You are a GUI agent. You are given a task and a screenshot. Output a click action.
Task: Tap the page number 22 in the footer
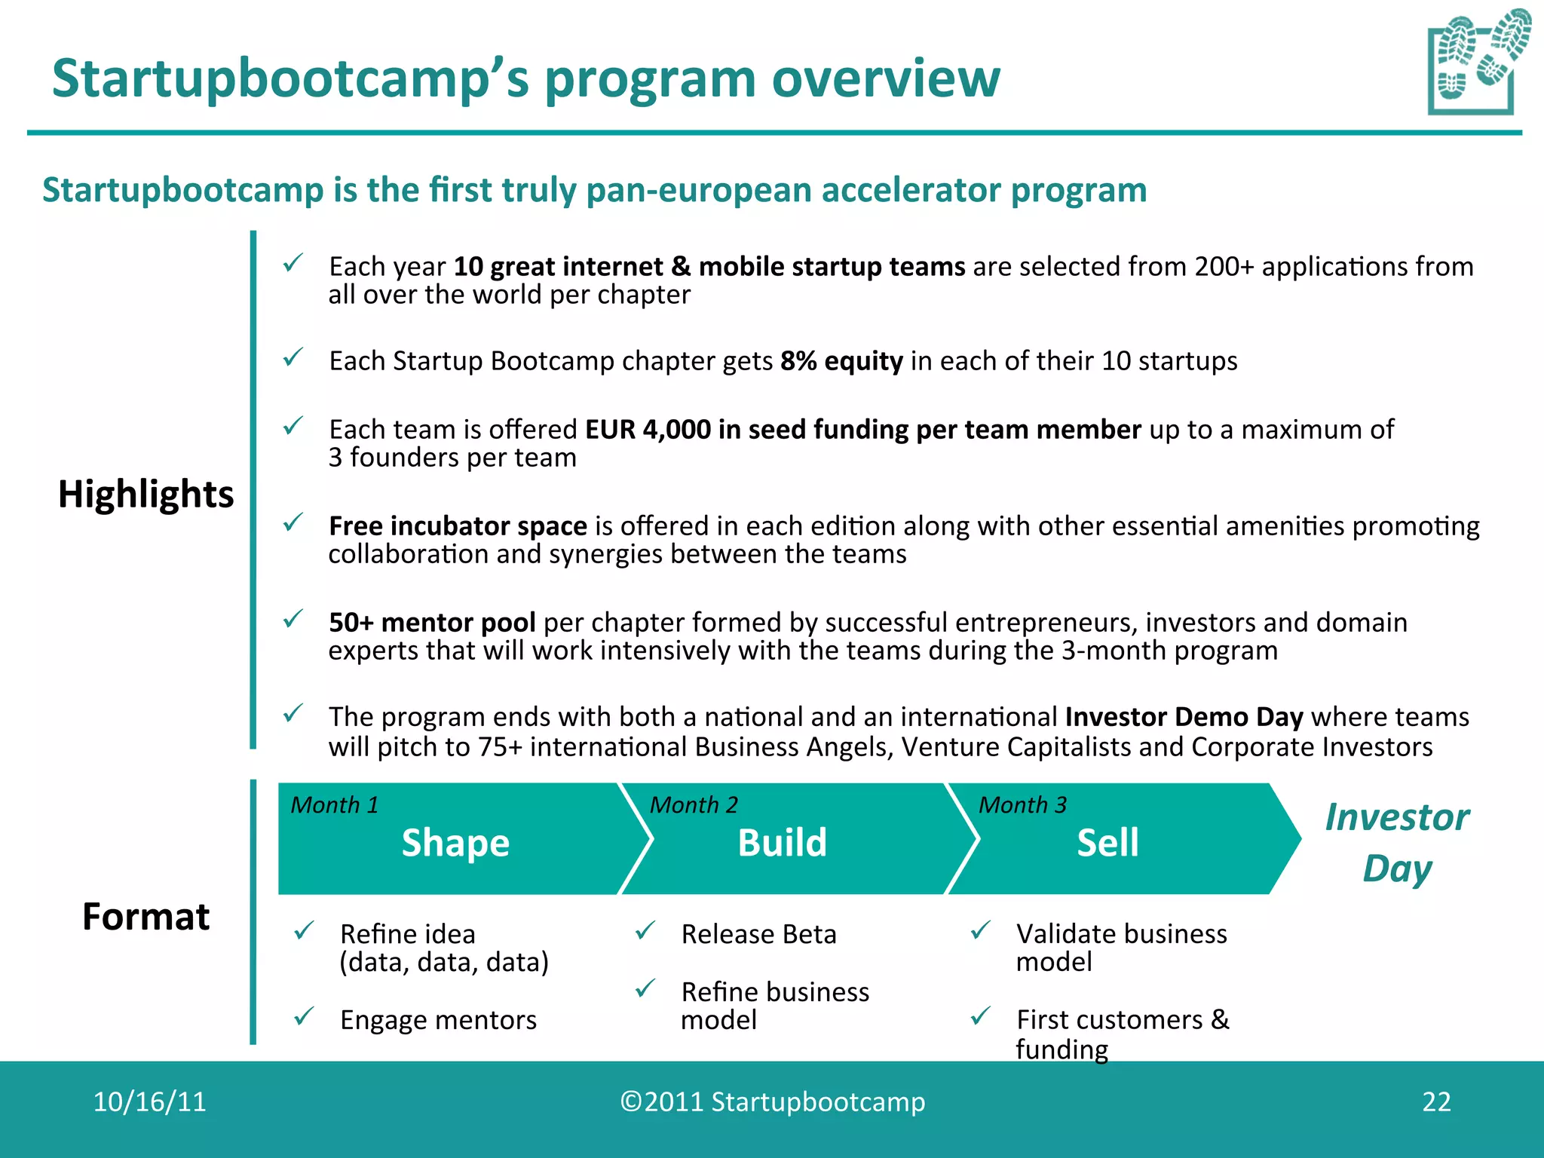pyautogui.click(x=1435, y=1101)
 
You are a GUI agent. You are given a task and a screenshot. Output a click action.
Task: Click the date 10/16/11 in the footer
pyautogui.click(x=149, y=1101)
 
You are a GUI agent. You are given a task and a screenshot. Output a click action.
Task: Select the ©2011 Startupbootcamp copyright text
pyautogui.click(x=772, y=1101)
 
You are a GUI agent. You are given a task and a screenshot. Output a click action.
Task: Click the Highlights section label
pyautogui.click(x=146, y=495)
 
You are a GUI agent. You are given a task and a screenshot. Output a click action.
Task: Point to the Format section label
pyautogui.click(x=146, y=917)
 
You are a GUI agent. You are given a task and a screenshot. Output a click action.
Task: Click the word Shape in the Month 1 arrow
pyautogui.click(x=455, y=842)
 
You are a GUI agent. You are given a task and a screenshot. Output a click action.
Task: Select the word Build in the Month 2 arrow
pyautogui.click(x=782, y=842)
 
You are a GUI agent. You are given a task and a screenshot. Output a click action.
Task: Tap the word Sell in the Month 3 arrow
pyautogui.click(x=1107, y=842)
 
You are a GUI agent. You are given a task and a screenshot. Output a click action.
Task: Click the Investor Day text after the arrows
pyautogui.click(x=1397, y=842)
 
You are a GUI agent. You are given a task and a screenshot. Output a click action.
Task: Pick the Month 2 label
pyautogui.click(x=694, y=805)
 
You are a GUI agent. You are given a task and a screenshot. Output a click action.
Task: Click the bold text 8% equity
pyautogui.click(x=841, y=361)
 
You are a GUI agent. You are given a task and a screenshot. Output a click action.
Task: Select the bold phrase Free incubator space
pyautogui.click(x=458, y=525)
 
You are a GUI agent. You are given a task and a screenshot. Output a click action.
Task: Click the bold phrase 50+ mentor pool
pyautogui.click(x=432, y=623)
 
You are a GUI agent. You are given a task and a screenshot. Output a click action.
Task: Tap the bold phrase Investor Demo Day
pyautogui.click(x=1184, y=716)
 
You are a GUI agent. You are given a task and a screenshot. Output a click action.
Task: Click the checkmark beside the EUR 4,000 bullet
pyautogui.click(x=293, y=427)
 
